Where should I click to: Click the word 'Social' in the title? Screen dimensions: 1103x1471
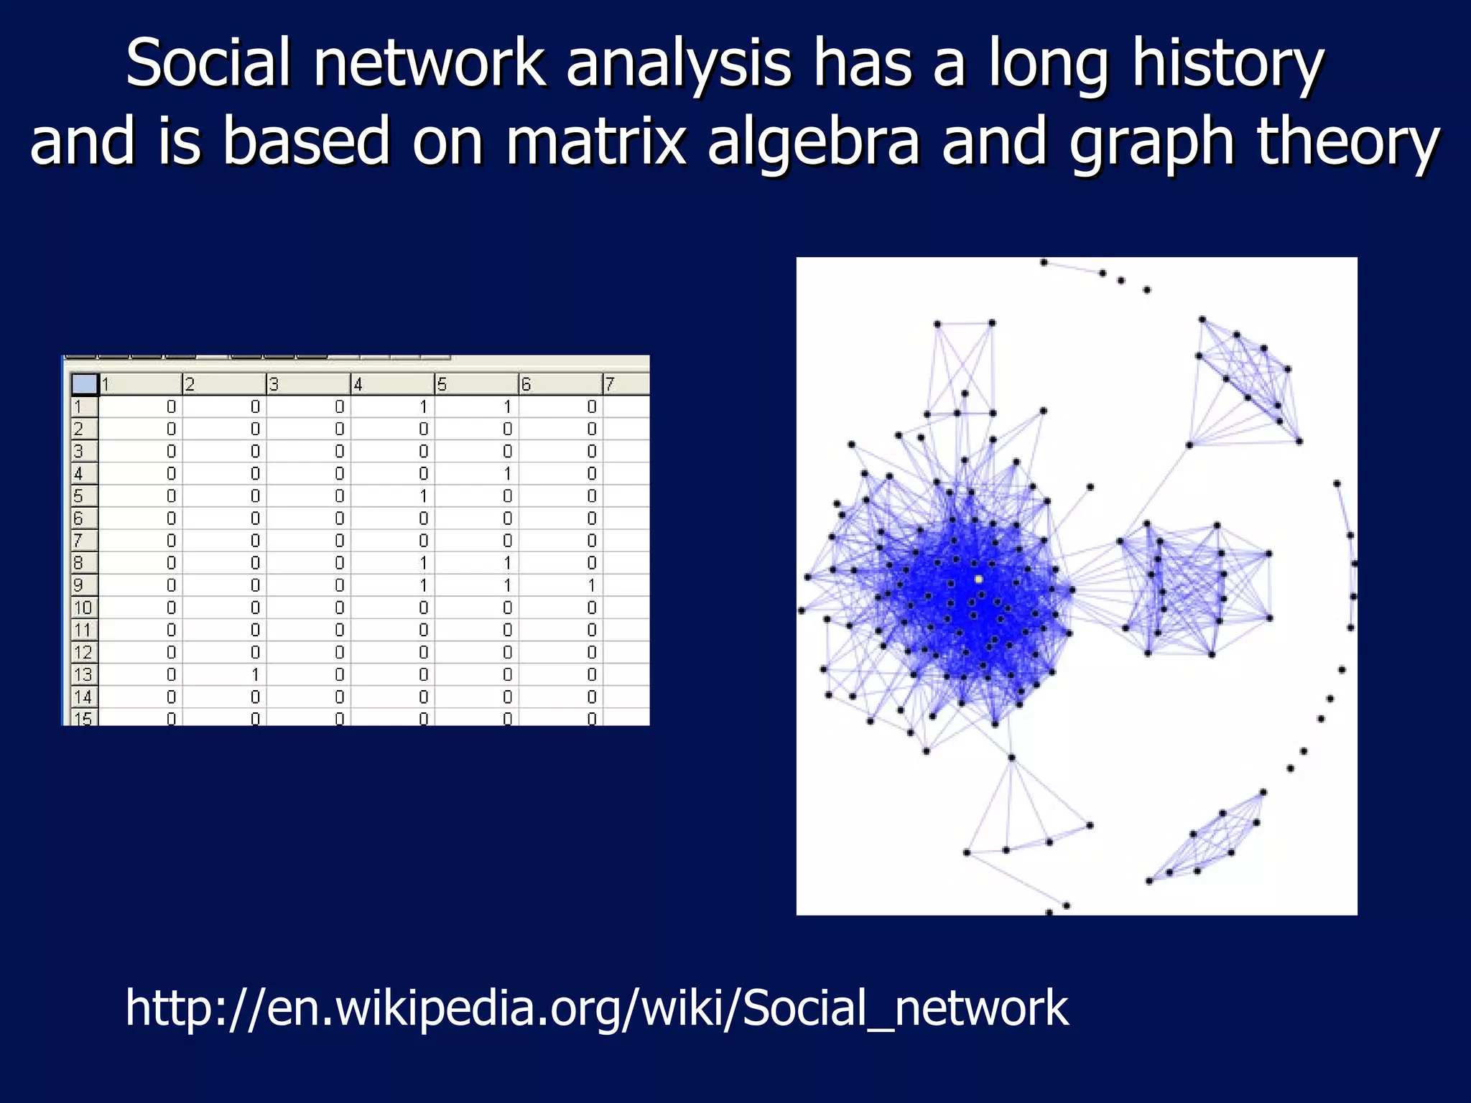[x=209, y=63]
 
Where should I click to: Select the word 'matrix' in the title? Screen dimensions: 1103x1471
[x=595, y=141]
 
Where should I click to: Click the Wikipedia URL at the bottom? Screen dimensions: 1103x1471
[x=596, y=1007]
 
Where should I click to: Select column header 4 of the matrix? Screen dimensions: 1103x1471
[x=358, y=384]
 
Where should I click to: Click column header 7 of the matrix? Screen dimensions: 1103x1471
[x=610, y=384]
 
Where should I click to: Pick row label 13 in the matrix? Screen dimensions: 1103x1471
[x=83, y=674]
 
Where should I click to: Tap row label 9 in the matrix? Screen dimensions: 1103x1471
[x=79, y=585]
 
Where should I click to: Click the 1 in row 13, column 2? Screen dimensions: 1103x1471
[x=255, y=674]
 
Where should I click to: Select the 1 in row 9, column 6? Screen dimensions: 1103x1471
[x=592, y=585]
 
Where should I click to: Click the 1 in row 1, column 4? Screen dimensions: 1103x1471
[x=424, y=407]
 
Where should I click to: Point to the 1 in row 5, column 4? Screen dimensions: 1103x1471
[x=424, y=496]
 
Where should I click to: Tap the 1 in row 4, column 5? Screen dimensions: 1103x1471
[x=508, y=474]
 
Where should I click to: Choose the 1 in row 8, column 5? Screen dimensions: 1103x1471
[x=508, y=563]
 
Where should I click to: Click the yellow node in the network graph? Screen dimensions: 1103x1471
[x=978, y=578]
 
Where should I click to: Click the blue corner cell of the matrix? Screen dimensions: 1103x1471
[x=85, y=384]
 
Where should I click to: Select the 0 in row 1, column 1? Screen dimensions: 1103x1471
[x=171, y=407]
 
